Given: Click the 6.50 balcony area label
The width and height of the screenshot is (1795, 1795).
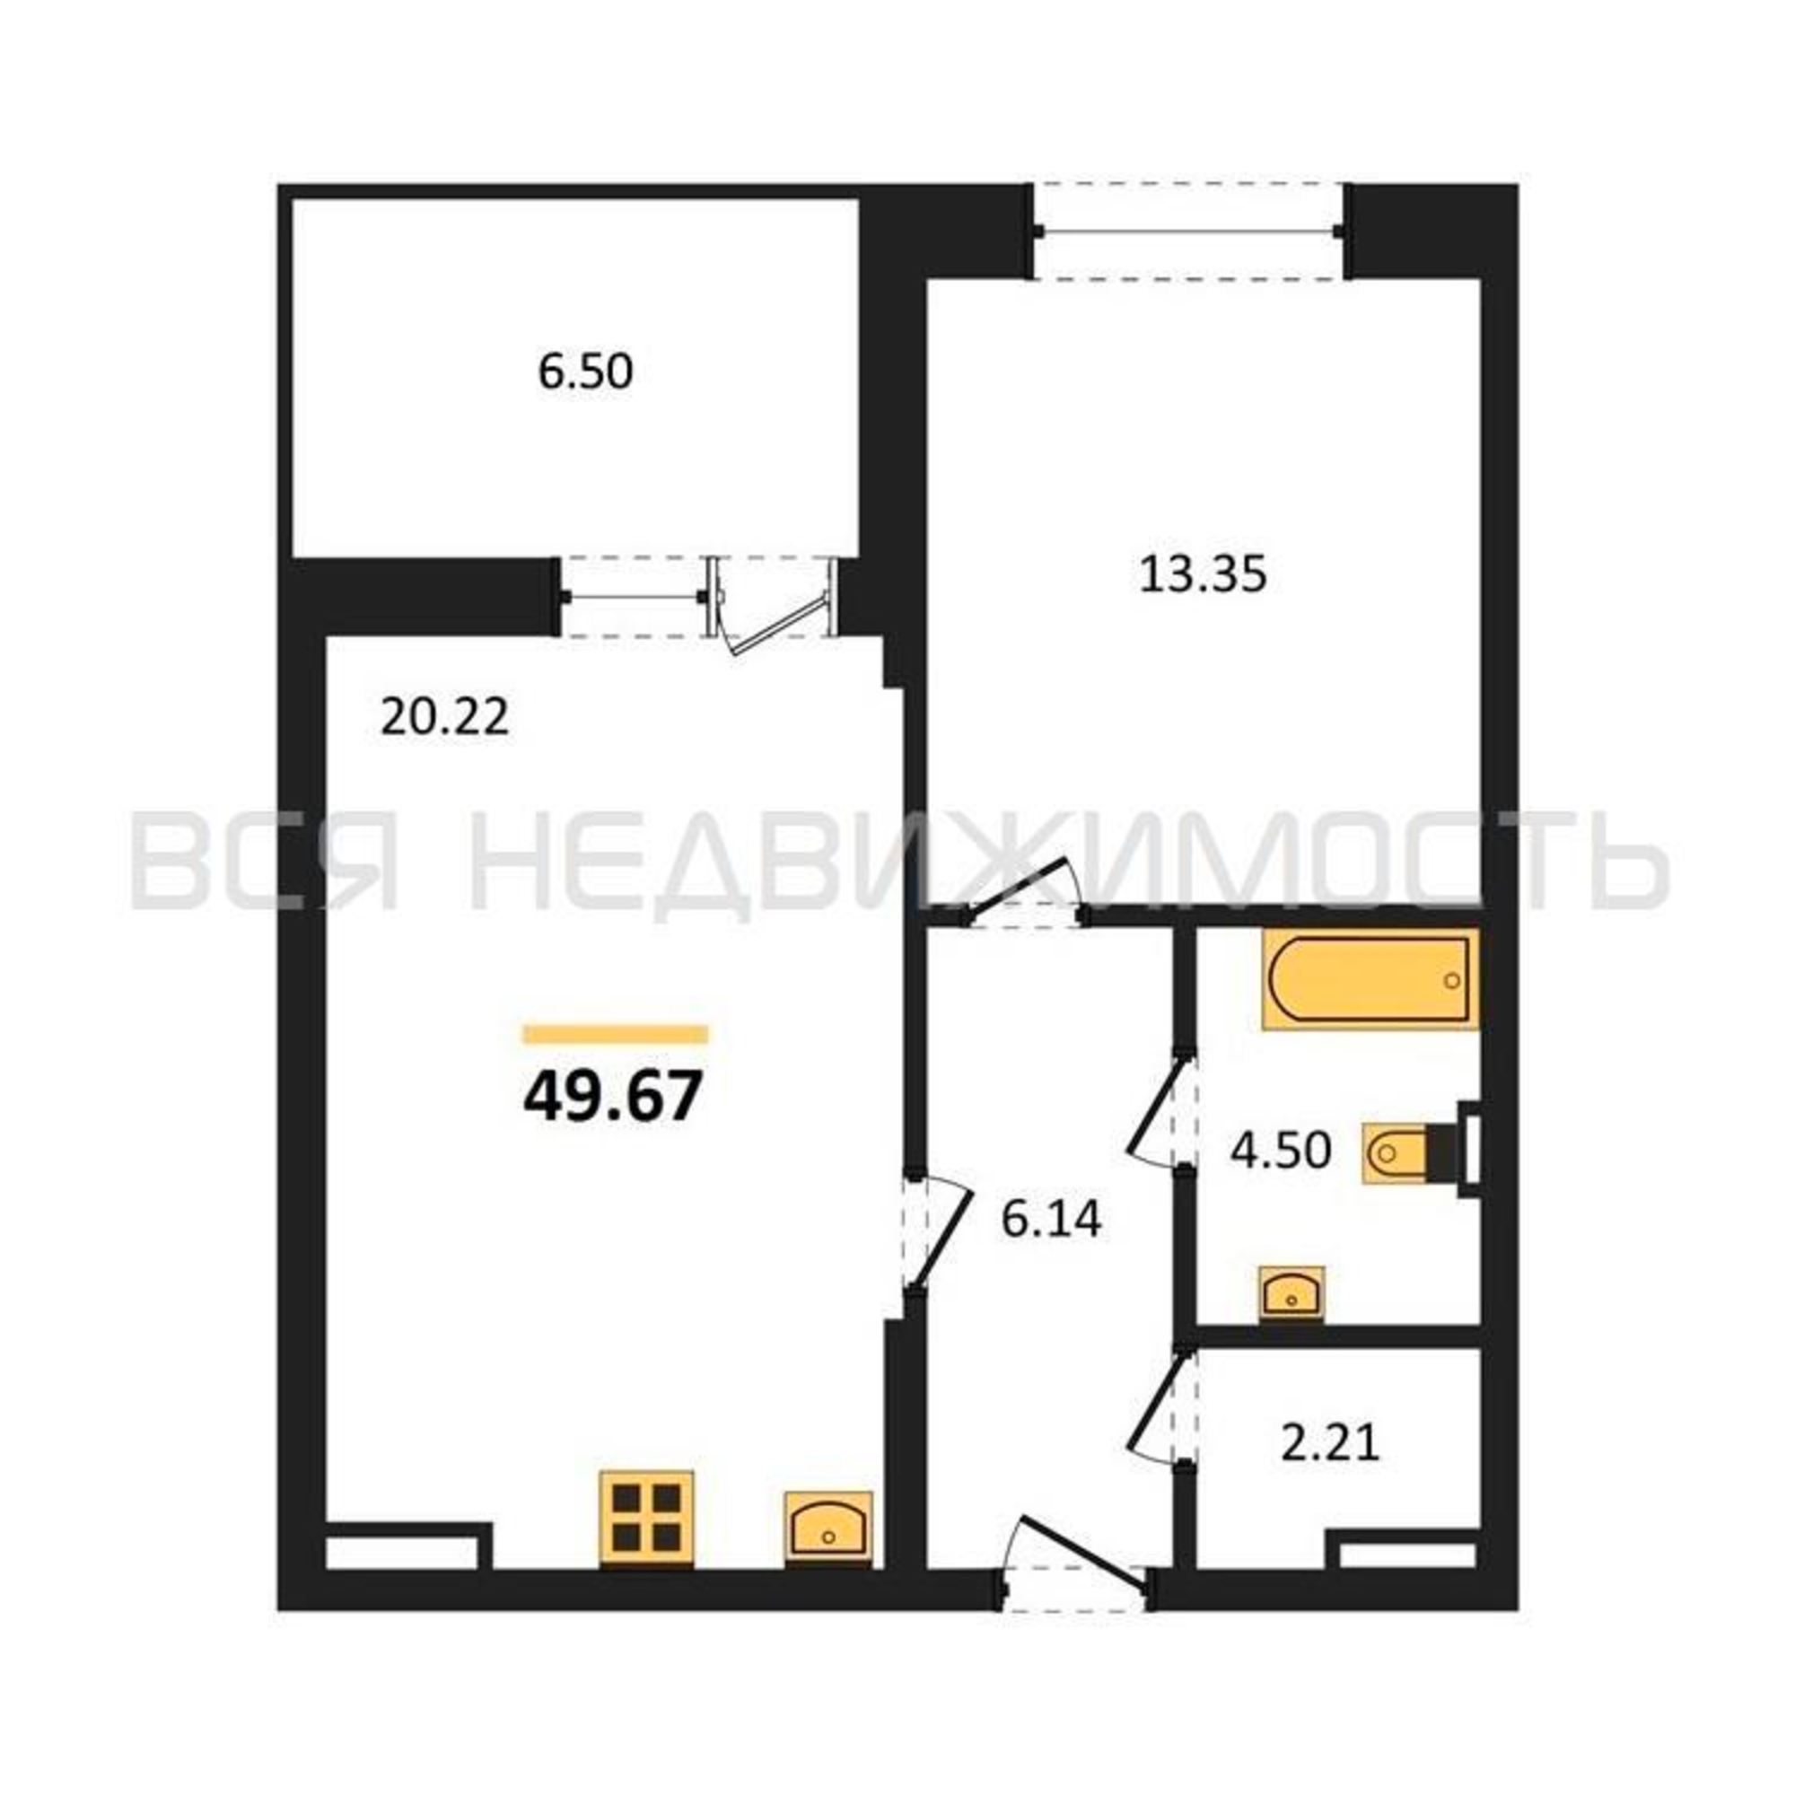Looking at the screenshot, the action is point(585,372).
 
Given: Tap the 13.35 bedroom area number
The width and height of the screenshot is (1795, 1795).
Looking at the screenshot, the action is point(1203,575).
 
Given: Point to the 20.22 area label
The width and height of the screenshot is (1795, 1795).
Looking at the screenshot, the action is point(445,717).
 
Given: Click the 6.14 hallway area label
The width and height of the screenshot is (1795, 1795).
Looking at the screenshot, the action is point(1051,1219).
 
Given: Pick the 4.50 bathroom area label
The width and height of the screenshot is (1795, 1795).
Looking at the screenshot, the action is point(1281,1151).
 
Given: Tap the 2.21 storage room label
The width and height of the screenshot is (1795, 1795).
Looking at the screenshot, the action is point(1330,1469).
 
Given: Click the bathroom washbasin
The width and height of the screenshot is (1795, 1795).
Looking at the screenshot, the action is point(1292,1292).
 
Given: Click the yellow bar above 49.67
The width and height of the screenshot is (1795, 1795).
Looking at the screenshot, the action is point(615,1035).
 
